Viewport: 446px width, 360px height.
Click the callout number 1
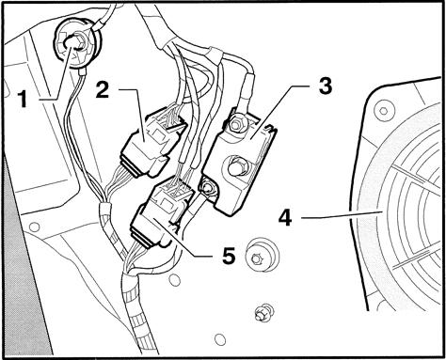[23, 98]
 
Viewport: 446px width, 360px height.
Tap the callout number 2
[103, 88]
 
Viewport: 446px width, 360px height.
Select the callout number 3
[325, 86]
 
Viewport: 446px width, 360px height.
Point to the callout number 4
[285, 218]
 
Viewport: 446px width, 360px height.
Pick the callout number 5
[229, 256]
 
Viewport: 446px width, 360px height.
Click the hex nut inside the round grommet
[77, 43]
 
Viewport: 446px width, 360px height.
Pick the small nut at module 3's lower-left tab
[207, 188]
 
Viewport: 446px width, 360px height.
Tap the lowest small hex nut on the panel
[262, 312]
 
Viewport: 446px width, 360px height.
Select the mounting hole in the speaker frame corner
[383, 111]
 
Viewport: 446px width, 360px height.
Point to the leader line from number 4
[341, 214]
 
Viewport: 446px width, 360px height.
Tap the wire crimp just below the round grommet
[82, 73]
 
